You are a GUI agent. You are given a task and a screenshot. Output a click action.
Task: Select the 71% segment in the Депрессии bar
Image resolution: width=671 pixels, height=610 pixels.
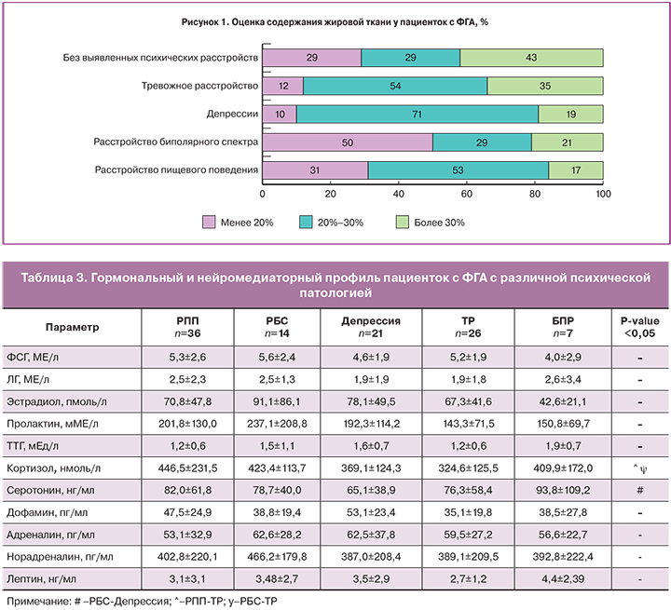(x=417, y=115)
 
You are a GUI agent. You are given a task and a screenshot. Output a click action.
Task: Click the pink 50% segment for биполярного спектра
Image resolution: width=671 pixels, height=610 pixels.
(x=348, y=142)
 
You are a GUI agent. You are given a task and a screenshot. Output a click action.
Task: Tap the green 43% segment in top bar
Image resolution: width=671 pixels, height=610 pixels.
(x=531, y=58)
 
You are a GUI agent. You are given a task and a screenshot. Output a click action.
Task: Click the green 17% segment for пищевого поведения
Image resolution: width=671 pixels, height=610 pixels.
(x=575, y=171)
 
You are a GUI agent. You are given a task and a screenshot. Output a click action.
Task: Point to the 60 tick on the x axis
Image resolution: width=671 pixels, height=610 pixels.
(x=467, y=194)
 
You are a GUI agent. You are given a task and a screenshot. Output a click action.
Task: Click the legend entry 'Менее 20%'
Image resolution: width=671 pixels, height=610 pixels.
(x=236, y=223)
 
